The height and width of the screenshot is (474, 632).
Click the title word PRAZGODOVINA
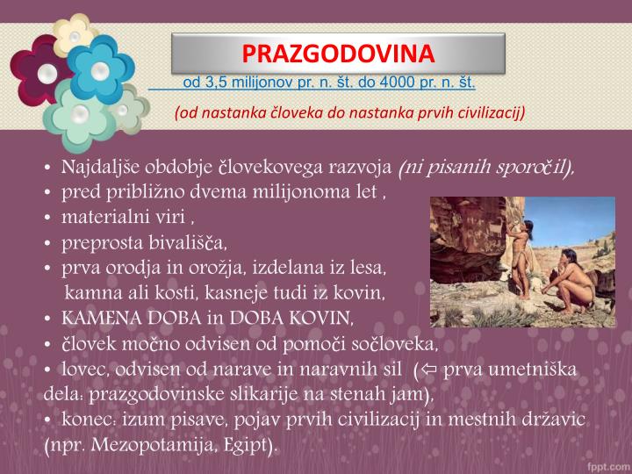pos(338,54)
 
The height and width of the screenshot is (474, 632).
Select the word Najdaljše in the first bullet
pos(96,166)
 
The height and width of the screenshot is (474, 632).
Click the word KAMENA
pos(97,317)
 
